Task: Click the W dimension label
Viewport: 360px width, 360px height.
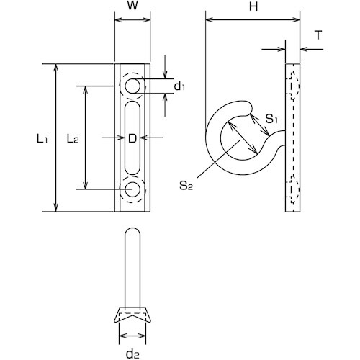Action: coord(132,6)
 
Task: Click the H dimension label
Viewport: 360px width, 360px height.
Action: coord(253,6)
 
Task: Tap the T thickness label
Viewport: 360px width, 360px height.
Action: coord(318,35)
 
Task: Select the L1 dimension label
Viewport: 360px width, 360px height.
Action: coord(42,139)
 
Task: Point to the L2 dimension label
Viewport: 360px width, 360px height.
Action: coord(73,139)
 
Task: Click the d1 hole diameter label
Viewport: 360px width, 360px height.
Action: coord(179,86)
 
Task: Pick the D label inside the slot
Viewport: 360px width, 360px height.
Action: coord(132,139)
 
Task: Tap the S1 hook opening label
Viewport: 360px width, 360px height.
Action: coord(271,119)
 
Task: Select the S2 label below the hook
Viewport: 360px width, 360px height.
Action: coord(186,186)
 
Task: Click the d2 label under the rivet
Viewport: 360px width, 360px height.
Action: coord(132,354)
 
